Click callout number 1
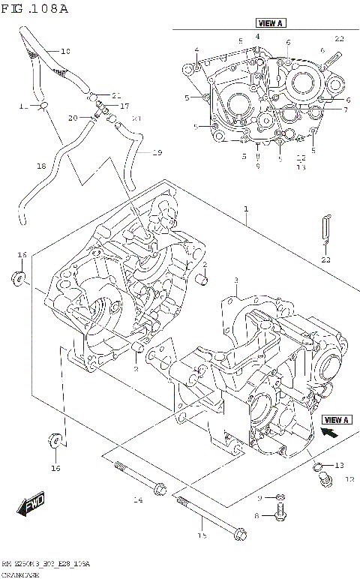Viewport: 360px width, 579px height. point(244,211)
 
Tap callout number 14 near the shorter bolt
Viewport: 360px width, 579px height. point(136,499)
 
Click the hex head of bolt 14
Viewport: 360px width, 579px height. point(158,490)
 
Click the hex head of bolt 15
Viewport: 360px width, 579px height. point(240,535)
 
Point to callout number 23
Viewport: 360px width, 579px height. point(325,259)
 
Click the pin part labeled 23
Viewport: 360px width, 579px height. point(325,228)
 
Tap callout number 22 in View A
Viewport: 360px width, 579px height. point(339,38)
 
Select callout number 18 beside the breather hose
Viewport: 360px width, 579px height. point(42,166)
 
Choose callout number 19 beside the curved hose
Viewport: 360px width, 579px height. point(157,153)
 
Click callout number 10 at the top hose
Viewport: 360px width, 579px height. point(64,52)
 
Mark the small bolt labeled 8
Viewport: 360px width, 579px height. point(280,515)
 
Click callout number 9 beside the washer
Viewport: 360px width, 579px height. point(259,497)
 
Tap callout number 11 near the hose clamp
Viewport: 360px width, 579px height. point(23,106)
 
